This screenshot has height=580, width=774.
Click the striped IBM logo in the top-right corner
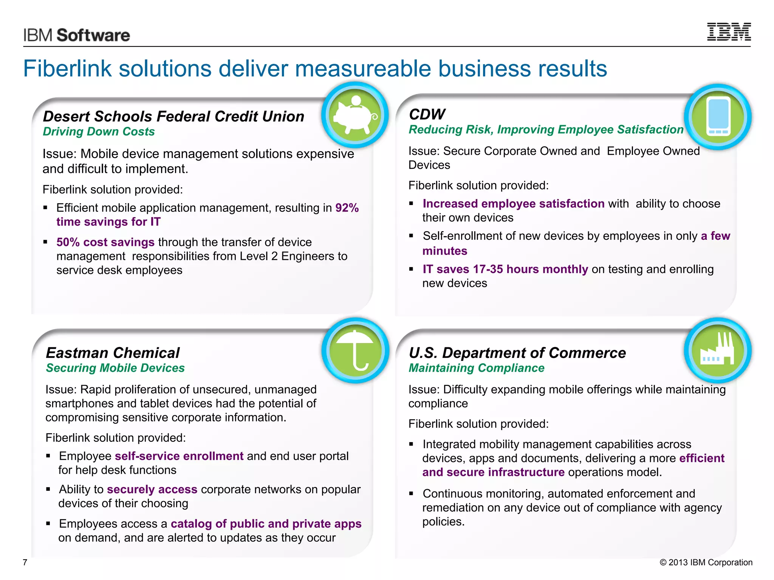pos(729,32)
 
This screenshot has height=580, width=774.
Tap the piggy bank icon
pos(354,115)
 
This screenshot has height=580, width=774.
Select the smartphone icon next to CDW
pos(718,117)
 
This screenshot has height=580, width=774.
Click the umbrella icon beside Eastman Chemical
pos(355,350)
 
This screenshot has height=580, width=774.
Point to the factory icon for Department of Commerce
pos(717,350)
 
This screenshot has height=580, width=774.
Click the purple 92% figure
pos(347,208)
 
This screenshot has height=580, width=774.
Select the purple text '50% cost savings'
pos(105,242)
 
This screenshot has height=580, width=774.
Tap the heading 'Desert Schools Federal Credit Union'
pos(173,116)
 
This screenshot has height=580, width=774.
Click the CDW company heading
pos(427,114)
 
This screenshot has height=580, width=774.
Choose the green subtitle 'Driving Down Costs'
pos(99,131)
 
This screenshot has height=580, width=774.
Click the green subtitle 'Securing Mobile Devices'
pos(115,368)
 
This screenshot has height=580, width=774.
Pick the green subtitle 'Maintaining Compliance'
pos(477,368)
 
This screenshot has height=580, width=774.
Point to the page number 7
pos(25,562)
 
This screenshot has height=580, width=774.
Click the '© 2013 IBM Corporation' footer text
pos(706,562)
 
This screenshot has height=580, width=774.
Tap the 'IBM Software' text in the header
pos(77,35)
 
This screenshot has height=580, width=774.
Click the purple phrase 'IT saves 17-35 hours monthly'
pos(505,269)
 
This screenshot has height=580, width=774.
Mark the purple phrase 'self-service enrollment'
pos(179,456)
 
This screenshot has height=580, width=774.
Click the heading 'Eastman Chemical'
pos(113,353)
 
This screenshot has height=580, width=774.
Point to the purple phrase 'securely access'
pos(152,489)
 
